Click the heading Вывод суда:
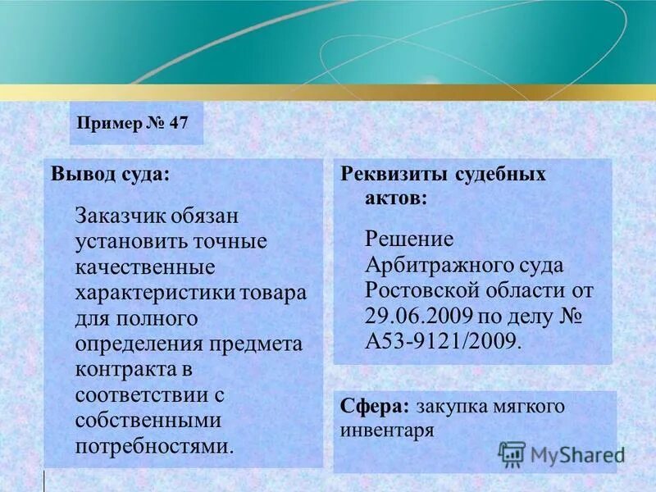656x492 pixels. tap(111, 175)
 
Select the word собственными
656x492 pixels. tap(148, 421)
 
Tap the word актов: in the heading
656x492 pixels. tap(395, 198)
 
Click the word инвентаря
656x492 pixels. tap(386, 430)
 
